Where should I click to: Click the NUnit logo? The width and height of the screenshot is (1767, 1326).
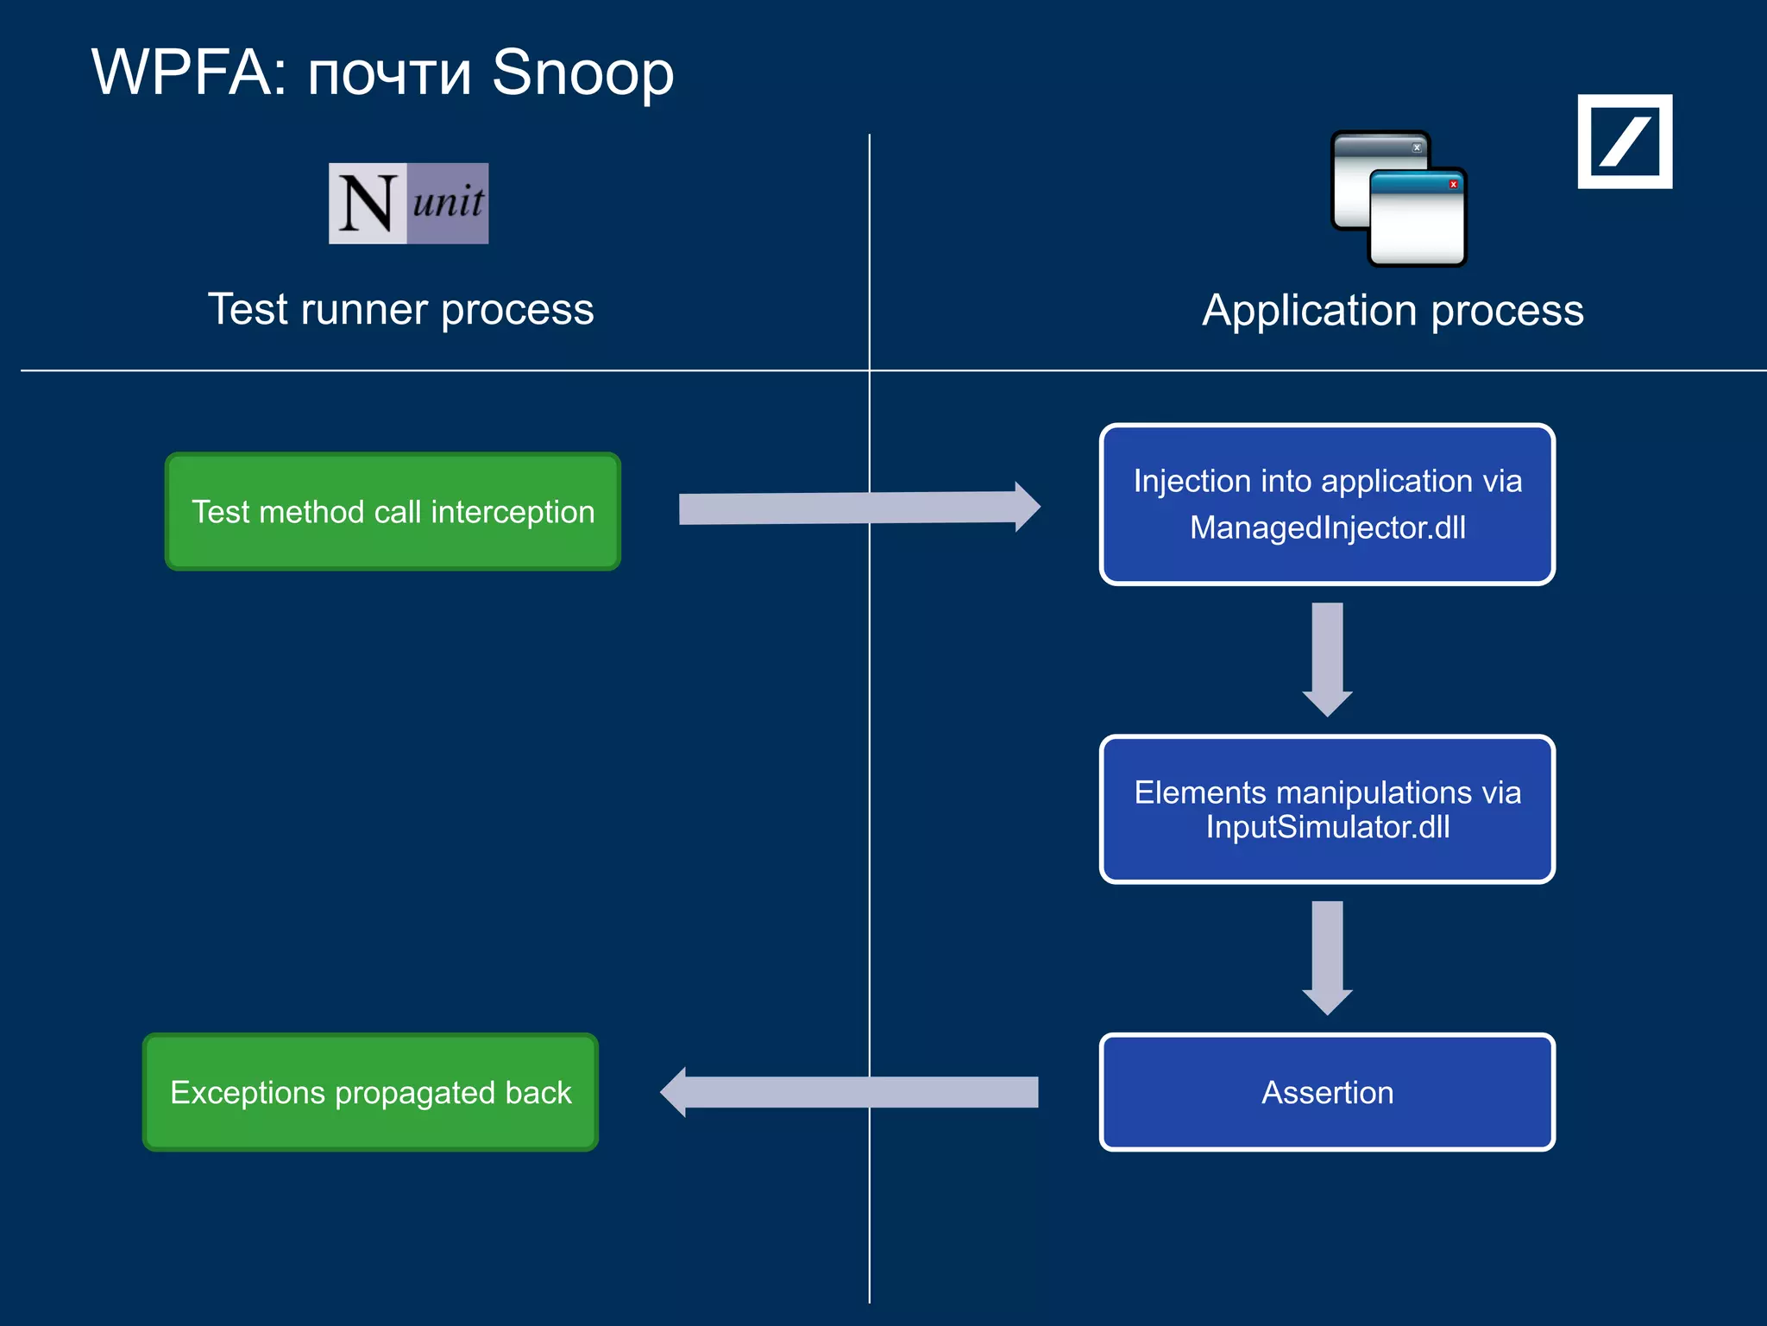click(x=408, y=204)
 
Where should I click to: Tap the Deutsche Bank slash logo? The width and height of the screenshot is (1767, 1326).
click(x=1625, y=142)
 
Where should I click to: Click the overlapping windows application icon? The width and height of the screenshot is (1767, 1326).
click(x=1398, y=199)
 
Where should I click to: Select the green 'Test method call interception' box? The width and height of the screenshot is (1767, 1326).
click(x=393, y=511)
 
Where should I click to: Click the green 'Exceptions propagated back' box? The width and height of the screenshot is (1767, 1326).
click(x=370, y=1092)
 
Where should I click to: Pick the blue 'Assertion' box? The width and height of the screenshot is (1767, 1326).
click(x=1327, y=1092)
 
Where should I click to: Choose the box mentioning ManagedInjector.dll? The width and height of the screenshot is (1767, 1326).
click(x=1327, y=504)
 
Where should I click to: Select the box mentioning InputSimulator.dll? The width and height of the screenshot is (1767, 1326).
click(x=1327, y=809)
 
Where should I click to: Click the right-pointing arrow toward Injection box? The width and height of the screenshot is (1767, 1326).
click(x=858, y=508)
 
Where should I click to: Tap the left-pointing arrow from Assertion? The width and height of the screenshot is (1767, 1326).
click(x=850, y=1092)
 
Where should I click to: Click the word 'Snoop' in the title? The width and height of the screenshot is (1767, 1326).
click(x=582, y=73)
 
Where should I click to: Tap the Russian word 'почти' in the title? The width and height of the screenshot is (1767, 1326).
click(x=389, y=76)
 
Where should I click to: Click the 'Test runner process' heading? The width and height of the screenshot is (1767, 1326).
click(x=400, y=309)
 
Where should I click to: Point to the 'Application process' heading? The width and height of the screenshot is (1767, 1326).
click(x=1393, y=311)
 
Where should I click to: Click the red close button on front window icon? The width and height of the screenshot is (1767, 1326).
click(x=1453, y=185)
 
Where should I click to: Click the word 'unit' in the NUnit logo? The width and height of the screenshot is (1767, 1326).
click(x=448, y=202)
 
